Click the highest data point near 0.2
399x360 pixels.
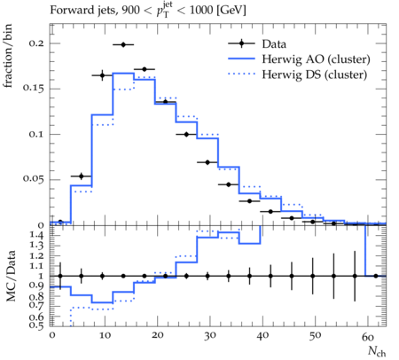tap(123, 44)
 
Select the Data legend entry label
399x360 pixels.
tap(274, 44)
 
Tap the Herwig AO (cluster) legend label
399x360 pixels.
tap(316, 59)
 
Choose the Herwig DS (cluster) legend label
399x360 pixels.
tap(315, 74)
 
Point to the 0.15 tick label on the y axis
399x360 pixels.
tap(33, 89)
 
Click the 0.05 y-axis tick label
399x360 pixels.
tap(33, 179)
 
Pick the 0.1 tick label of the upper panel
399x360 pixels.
tap(36, 134)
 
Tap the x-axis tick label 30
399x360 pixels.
tap(209, 336)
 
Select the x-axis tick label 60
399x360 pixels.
tap(368, 336)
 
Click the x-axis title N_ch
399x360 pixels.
tap(377, 351)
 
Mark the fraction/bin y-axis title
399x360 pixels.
tap(8, 56)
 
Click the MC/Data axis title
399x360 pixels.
tap(11, 276)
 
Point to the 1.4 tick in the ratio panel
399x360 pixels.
tap(36, 236)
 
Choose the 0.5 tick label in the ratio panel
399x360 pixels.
tap(36, 325)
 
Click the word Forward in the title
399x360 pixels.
tap(69, 10)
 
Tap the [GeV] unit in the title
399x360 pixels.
tap(231, 10)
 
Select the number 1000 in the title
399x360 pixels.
tap(201, 10)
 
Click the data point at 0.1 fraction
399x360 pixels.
tap(186, 135)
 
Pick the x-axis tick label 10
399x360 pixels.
tap(105, 336)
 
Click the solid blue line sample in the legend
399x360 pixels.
tap(241, 59)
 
